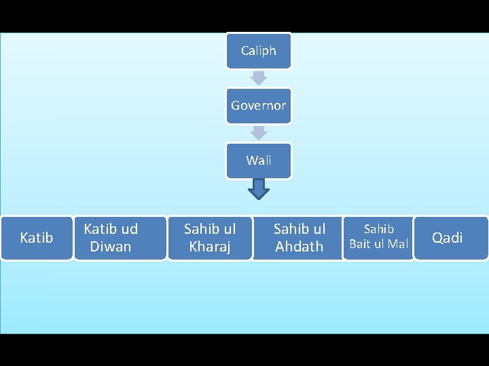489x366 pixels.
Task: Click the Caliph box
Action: click(x=258, y=51)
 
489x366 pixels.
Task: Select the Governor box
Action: click(x=258, y=106)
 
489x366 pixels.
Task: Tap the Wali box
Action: click(x=258, y=161)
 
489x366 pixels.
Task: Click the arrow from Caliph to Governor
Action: click(x=258, y=78)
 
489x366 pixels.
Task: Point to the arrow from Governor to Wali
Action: click(x=258, y=133)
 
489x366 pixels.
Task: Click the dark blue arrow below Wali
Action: click(x=259, y=189)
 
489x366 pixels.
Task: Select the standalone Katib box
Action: click(x=37, y=238)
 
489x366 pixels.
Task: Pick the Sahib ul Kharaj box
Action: click(x=210, y=238)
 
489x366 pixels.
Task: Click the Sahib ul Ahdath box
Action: click(x=300, y=238)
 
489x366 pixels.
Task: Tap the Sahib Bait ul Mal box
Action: click(x=379, y=237)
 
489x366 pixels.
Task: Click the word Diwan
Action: click(x=111, y=247)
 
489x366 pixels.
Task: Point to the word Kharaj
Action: click(x=210, y=247)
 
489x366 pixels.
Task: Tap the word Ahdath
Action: click(x=300, y=247)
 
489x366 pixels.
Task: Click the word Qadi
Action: click(x=448, y=238)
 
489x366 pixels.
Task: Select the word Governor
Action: click(x=258, y=106)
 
